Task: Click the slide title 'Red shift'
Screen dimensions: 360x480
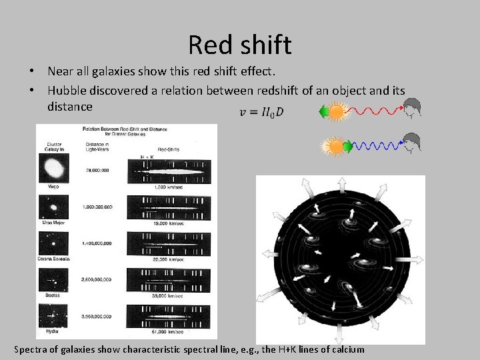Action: [239, 45]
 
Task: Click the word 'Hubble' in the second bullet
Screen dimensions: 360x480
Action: [69, 90]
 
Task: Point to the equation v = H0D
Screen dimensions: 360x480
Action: [261, 112]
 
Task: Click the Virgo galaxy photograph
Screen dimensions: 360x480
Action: [53, 173]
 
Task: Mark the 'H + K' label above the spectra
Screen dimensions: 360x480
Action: [149, 157]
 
